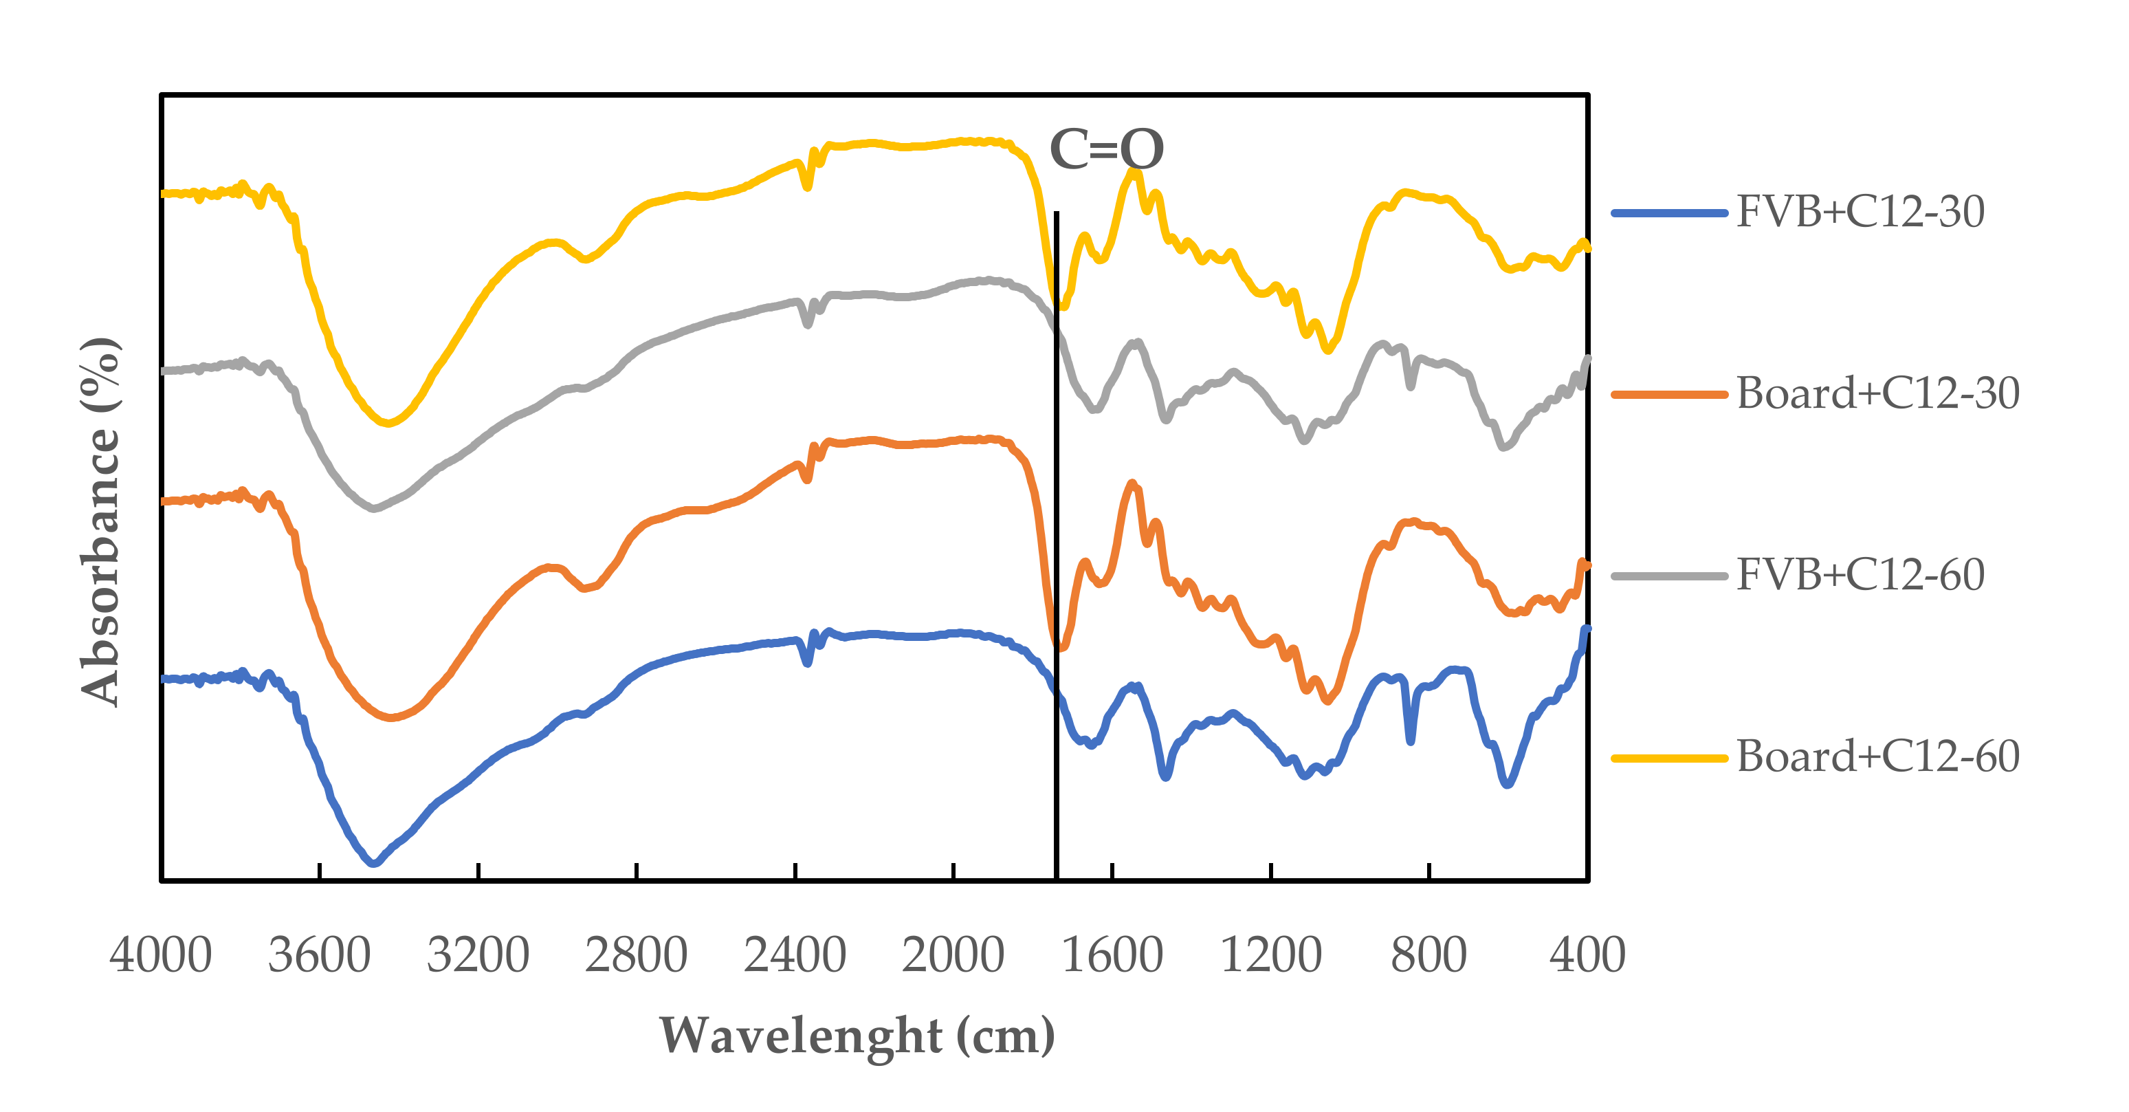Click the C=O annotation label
1106,150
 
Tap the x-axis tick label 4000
160,955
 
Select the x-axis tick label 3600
319,955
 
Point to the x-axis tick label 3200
478,955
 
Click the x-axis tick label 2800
637,955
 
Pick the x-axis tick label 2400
795,955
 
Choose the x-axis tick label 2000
953,955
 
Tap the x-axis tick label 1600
1112,955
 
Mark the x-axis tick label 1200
1270,955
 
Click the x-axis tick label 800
1429,955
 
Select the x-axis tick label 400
1587,955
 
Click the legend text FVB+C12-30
1860,212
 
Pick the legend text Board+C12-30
1878,393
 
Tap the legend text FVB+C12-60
1860,575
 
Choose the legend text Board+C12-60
1878,756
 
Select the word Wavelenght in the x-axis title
801,1035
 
